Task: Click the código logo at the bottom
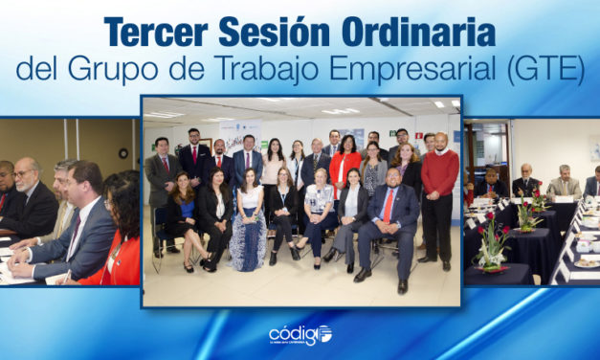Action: click(300, 334)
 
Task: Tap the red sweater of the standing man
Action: click(439, 173)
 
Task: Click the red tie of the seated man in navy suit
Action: click(389, 206)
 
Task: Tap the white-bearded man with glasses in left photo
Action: click(26, 196)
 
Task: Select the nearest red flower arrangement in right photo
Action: click(494, 245)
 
